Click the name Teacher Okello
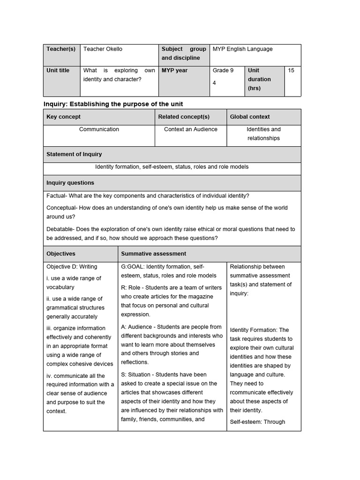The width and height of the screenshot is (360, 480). point(103,49)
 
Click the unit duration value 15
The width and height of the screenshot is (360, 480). point(291,70)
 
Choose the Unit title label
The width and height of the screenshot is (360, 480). point(58,70)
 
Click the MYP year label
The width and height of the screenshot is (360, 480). point(175,70)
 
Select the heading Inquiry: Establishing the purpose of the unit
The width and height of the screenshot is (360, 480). point(113,104)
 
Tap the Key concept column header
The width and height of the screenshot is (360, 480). point(63,117)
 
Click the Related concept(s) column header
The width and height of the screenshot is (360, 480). point(184,117)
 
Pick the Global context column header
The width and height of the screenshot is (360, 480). point(250,117)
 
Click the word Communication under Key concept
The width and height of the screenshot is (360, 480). point(99,129)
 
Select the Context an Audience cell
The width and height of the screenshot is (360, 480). point(191,129)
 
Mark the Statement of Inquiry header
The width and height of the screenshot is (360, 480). point(74,154)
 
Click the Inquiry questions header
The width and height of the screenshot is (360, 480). point(70,183)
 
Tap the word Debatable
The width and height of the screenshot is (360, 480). point(60,229)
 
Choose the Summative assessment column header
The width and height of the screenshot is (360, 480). point(154,254)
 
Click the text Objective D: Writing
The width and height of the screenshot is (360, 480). point(72,267)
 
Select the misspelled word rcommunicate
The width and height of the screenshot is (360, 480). point(248,392)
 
